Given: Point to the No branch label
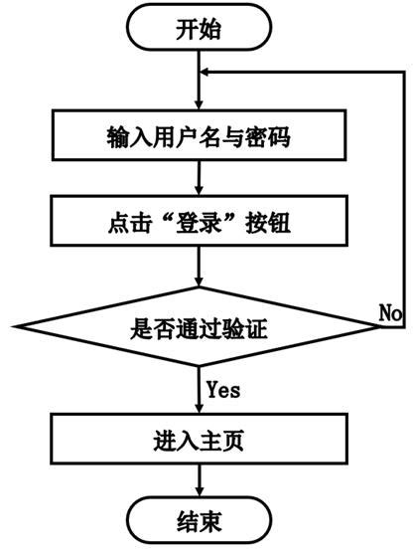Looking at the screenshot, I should (390, 312).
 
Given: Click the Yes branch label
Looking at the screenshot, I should (222, 388).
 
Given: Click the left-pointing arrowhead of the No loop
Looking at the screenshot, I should (207, 73).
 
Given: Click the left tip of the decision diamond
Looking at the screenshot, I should (14, 323).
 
